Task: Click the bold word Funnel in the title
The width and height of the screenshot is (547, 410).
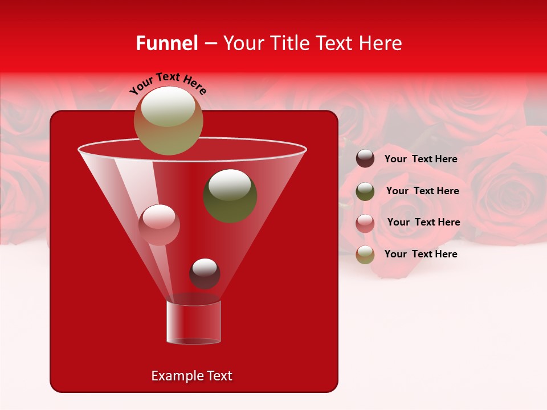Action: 166,43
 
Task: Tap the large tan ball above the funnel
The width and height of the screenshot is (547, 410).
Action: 168,120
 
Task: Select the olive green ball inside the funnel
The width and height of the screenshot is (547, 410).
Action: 230,195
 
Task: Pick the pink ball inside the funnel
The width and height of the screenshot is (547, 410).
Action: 159,224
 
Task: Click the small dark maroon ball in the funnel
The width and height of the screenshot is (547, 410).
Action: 205,273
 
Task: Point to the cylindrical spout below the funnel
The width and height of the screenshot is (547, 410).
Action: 193,322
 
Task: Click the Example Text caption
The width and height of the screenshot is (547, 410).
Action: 191,376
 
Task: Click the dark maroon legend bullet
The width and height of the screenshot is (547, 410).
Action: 365,159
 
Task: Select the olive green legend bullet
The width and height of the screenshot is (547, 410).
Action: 365,191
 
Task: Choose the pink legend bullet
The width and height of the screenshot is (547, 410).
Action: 365,223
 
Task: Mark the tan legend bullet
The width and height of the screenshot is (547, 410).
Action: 365,255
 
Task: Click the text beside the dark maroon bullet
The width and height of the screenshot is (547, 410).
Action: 421,159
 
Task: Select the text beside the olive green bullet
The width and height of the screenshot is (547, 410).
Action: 422,191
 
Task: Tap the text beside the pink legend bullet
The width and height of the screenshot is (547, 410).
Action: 423,223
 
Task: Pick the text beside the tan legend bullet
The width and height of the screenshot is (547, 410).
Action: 421,254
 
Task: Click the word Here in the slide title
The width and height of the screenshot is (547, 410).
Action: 381,43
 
